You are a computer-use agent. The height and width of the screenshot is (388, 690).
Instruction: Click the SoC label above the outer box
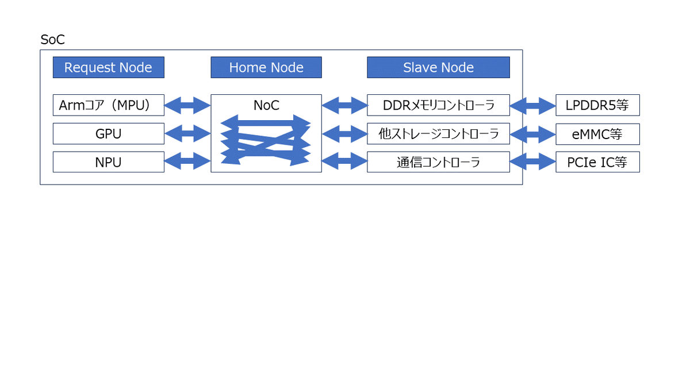[53, 40]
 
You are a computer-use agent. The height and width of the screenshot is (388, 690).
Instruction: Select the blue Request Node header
[109, 67]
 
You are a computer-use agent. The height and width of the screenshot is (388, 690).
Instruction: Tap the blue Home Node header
[266, 67]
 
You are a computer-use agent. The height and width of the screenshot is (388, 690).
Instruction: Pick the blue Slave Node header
[438, 67]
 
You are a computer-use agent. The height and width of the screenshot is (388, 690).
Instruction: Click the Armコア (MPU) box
[109, 105]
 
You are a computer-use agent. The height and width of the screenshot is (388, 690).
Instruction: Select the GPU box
[109, 133]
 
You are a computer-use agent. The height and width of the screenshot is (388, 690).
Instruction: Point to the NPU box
[109, 162]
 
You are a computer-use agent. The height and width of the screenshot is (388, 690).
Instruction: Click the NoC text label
[266, 105]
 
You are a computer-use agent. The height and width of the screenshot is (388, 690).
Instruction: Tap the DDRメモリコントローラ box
[438, 105]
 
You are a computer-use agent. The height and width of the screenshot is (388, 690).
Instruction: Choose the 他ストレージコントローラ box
[438, 133]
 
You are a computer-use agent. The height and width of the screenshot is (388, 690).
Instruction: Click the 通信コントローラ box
[438, 162]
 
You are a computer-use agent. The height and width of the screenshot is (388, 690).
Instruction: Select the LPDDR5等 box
[597, 105]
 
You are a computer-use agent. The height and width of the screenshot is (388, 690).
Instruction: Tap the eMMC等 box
[597, 134]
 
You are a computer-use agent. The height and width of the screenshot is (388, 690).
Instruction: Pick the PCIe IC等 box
[597, 162]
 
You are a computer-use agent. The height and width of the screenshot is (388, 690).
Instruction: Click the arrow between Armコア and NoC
[187, 105]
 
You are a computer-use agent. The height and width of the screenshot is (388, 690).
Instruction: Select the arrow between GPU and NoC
[187, 133]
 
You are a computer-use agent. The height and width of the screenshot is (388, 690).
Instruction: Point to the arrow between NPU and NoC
[187, 161]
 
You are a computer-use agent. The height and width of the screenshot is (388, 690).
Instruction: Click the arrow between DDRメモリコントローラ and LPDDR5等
[533, 106]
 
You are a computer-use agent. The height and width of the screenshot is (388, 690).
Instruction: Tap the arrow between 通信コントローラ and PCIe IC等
[533, 161]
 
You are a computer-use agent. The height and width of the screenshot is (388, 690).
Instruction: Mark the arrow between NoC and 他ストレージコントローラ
[344, 133]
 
